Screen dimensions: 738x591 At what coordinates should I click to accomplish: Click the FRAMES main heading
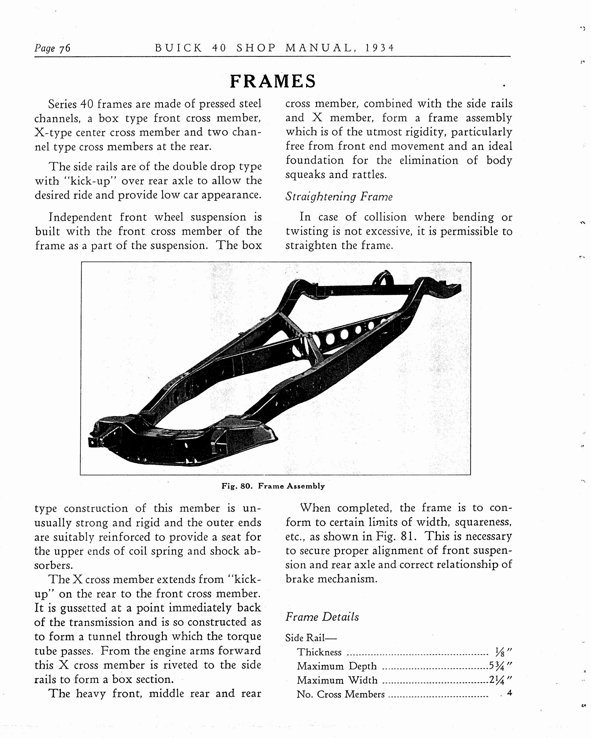coord(273,81)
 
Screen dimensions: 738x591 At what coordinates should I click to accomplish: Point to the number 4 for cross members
coord(509,693)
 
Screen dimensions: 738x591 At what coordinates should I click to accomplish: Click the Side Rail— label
coord(311,638)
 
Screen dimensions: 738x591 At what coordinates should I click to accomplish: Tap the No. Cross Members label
coord(340,694)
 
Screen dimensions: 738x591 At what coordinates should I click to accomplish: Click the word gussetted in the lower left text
coord(83,608)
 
